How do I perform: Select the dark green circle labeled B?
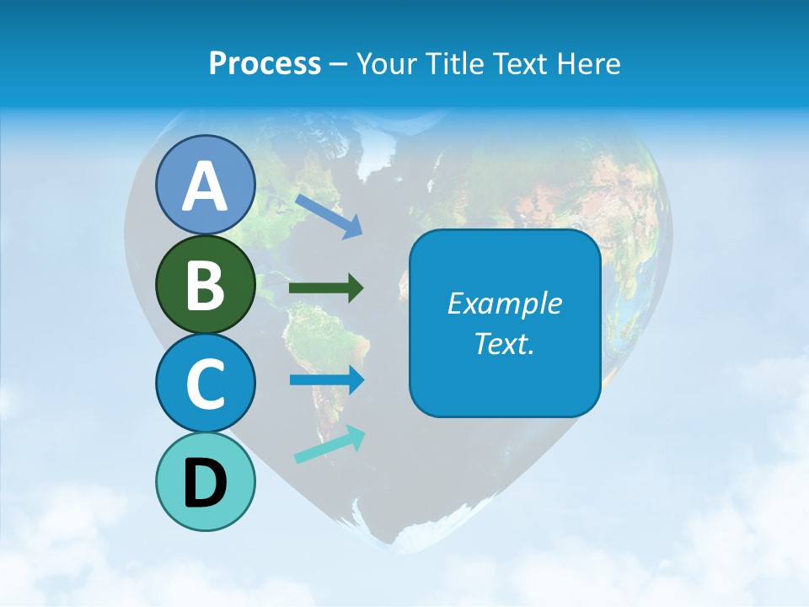[205, 284]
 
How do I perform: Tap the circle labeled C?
[205, 383]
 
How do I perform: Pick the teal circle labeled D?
[205, 481]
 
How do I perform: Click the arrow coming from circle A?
[329, 215]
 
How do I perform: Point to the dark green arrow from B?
[326, 288]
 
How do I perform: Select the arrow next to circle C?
[326, 379]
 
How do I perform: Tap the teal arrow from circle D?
[329, 445]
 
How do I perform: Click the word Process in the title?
[265, 63]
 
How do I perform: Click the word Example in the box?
[505, 303]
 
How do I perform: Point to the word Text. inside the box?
[505, 343]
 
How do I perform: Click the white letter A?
[205, 186]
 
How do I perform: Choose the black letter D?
[205, 483]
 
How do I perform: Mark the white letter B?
[205, 285]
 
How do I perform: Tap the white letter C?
[205, 384]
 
